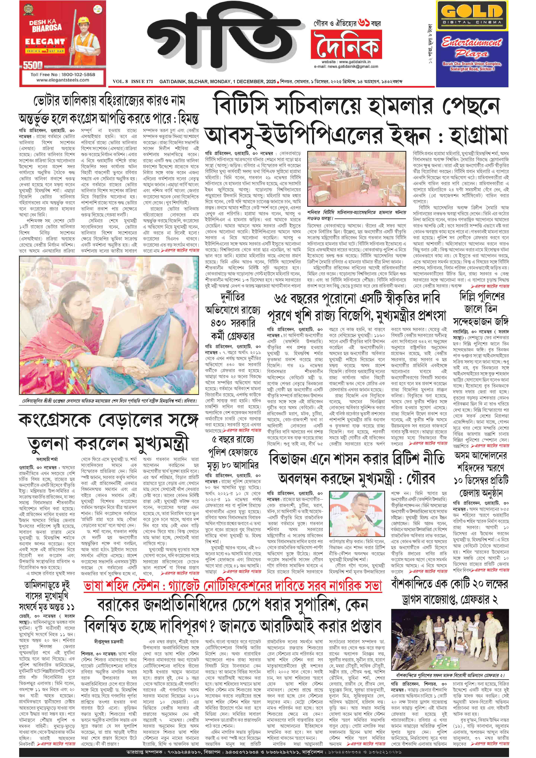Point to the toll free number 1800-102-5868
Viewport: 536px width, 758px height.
63,75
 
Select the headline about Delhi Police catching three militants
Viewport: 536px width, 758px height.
482,309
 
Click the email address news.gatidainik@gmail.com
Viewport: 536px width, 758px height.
346,66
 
